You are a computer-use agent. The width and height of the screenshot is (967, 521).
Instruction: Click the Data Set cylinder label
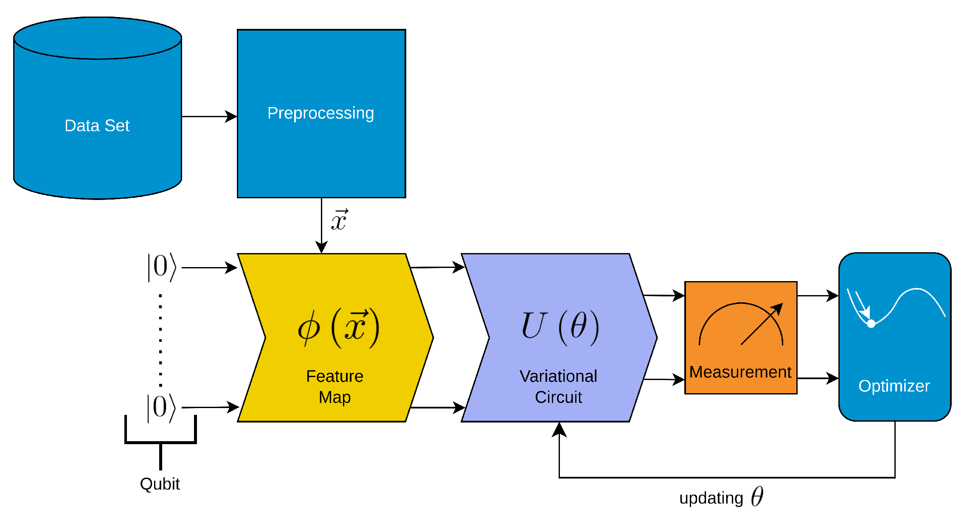click(97, 126)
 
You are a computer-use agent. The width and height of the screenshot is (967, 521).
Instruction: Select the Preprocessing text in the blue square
click(320, 113)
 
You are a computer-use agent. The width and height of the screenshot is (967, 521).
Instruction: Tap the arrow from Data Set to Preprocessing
click(209, 116)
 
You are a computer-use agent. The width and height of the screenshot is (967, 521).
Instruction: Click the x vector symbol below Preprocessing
click(340, 220)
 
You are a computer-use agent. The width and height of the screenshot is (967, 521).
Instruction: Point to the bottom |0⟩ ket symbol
click(161, 407)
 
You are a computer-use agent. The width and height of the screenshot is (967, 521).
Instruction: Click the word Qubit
click(160, 484)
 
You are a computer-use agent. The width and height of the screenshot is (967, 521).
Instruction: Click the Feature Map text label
click(335, 386)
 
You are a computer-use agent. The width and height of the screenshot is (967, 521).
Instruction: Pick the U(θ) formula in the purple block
click(559, 327)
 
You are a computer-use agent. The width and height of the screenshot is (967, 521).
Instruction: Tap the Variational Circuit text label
click(558, 386)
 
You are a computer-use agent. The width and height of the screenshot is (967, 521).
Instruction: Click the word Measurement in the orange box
click(740, 372)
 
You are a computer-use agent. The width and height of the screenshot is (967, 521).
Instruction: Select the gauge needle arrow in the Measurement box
click(762, 324)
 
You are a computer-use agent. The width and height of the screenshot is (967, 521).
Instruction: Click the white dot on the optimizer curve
click(871, 324)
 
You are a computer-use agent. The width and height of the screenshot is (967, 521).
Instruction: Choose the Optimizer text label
click(894, 386)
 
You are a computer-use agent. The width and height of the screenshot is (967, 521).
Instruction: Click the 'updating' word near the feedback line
click(711, 498)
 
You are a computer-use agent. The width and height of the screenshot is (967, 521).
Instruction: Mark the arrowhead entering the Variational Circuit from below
click(559, 429)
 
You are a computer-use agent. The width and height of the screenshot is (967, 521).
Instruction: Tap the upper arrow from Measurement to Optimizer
click(818, 296)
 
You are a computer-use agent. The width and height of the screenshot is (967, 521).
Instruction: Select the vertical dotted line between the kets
click(160, 340)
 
